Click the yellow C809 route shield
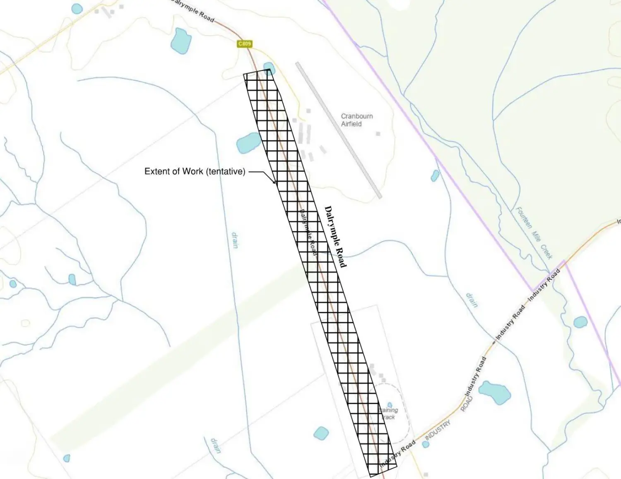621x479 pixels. [245, 44]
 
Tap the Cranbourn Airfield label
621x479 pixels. [356, 120]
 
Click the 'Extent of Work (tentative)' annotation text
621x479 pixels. [195, 171]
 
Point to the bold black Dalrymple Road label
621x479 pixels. [336, 237]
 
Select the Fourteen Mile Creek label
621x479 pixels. [534, 233]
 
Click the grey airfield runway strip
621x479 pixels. [338, 130]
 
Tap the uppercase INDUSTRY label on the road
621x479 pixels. [438, 430]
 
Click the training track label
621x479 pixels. [389, 414]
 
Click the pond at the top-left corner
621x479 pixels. [77, 9]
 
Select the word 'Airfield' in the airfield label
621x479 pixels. [351, 124]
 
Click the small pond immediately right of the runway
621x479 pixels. [435, 176]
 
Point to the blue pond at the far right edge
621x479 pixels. [580, 322]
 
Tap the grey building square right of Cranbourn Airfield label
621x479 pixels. [378, 134]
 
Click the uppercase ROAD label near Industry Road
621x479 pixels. [466, 404]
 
